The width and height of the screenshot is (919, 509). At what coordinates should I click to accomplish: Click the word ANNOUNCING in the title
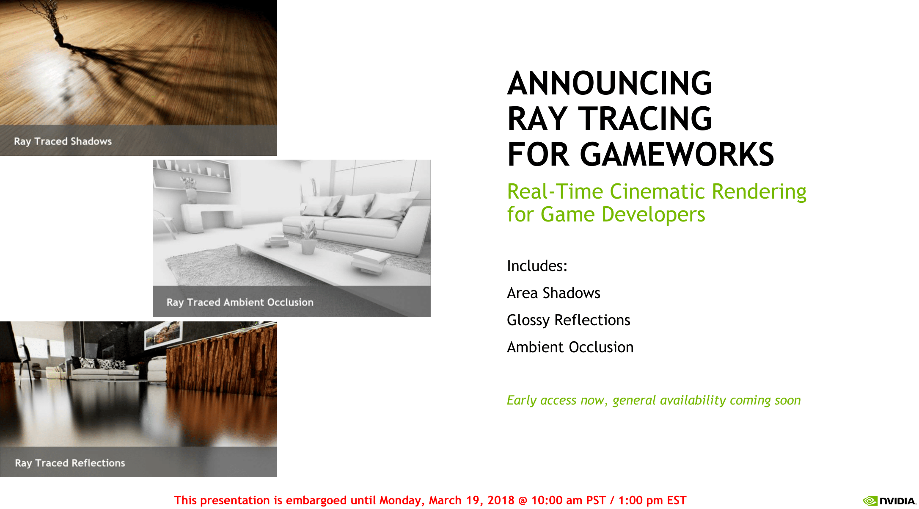point(610,83)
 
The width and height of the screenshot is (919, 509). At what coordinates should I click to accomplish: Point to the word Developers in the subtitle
point(653,215)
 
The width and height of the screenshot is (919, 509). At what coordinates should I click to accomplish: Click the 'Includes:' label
point(537,266)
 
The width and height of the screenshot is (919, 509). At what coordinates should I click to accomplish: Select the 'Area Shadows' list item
point(553,293)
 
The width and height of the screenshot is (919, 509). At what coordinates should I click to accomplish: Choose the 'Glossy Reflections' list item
point(569,321)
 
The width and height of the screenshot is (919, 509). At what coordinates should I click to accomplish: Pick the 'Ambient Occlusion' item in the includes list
point(570,347)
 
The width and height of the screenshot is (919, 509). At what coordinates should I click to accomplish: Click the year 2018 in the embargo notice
point(501,501)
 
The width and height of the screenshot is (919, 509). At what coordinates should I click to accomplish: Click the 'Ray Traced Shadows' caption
point(63,141)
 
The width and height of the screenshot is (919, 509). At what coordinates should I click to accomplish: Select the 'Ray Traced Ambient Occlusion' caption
point(240,302)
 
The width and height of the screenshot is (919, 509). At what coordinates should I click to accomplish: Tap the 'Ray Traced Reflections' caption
point(70,463)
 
